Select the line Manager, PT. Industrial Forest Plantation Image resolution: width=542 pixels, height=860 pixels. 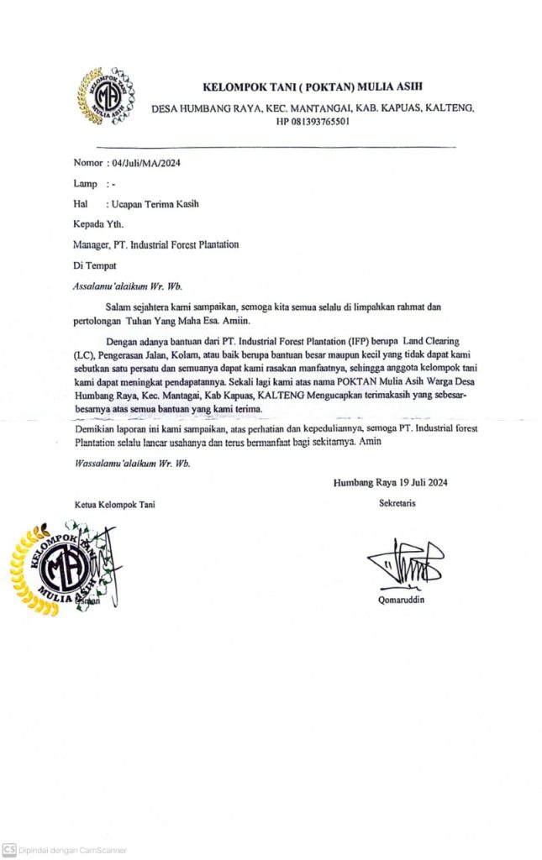pyautogui.click(x=156, y=244)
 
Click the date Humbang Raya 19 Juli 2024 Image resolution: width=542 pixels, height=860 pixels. pyautogui.click(x=391, y=482)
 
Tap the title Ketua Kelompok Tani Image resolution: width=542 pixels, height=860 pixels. pyautogui.click(x=113, y=504)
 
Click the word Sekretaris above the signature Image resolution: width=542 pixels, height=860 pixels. pyautogui.click(x=397, y=503)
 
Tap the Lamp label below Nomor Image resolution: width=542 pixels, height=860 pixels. pyautogui.click(x=86, y=183)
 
